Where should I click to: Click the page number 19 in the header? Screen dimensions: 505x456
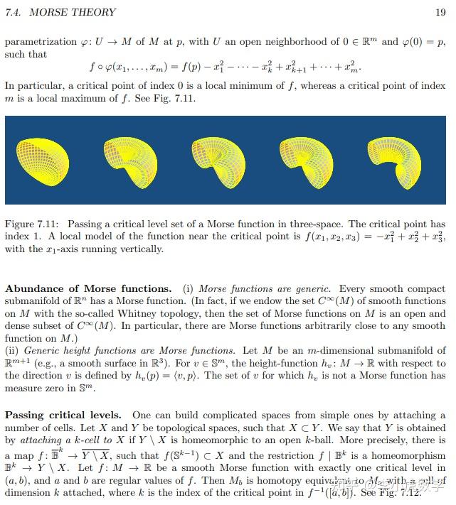pos(440,12)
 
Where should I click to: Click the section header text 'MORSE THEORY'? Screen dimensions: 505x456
pos(73,12)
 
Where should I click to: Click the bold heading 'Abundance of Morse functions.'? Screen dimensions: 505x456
pos(88,288)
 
